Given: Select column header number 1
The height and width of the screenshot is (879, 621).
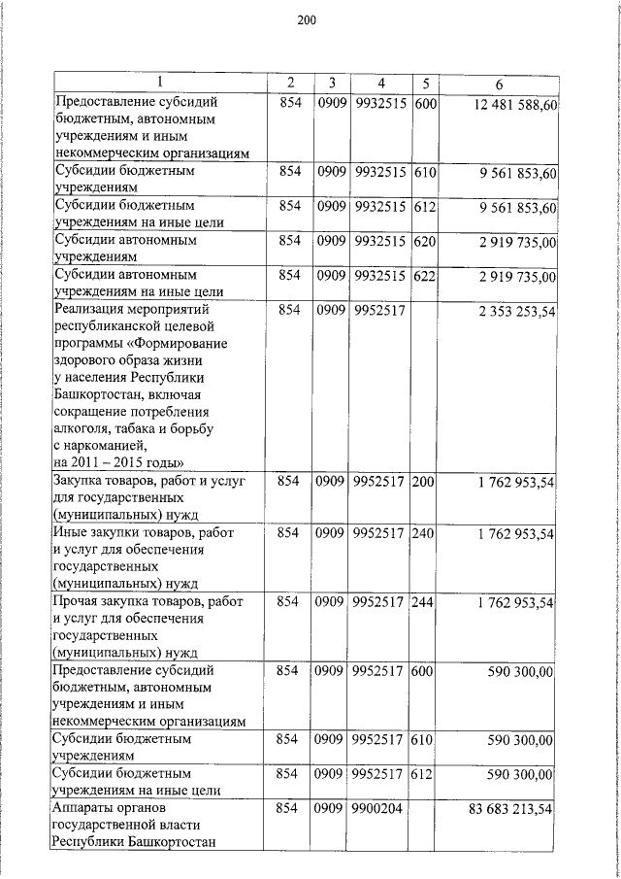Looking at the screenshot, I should pos(160,81).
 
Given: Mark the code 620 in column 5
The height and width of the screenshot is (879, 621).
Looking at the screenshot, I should pos(423,242).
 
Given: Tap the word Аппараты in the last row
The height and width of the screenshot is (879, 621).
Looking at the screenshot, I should pos(86,808).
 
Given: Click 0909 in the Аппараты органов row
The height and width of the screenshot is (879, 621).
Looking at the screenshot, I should pos(332,808).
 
